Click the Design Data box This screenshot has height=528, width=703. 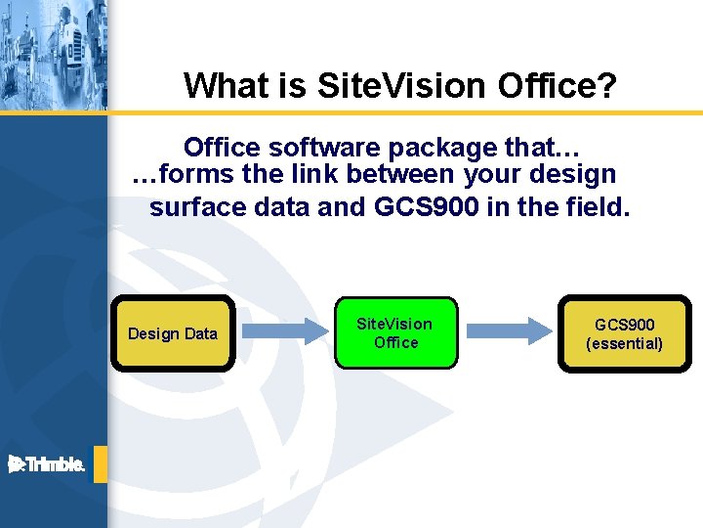point(173,333)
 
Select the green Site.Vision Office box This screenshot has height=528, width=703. point(395,333)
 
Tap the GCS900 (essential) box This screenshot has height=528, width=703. point(624,333)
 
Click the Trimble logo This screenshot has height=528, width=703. point(47,465)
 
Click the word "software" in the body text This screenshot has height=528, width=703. point(324,148)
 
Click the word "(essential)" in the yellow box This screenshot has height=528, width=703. point(624,343)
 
